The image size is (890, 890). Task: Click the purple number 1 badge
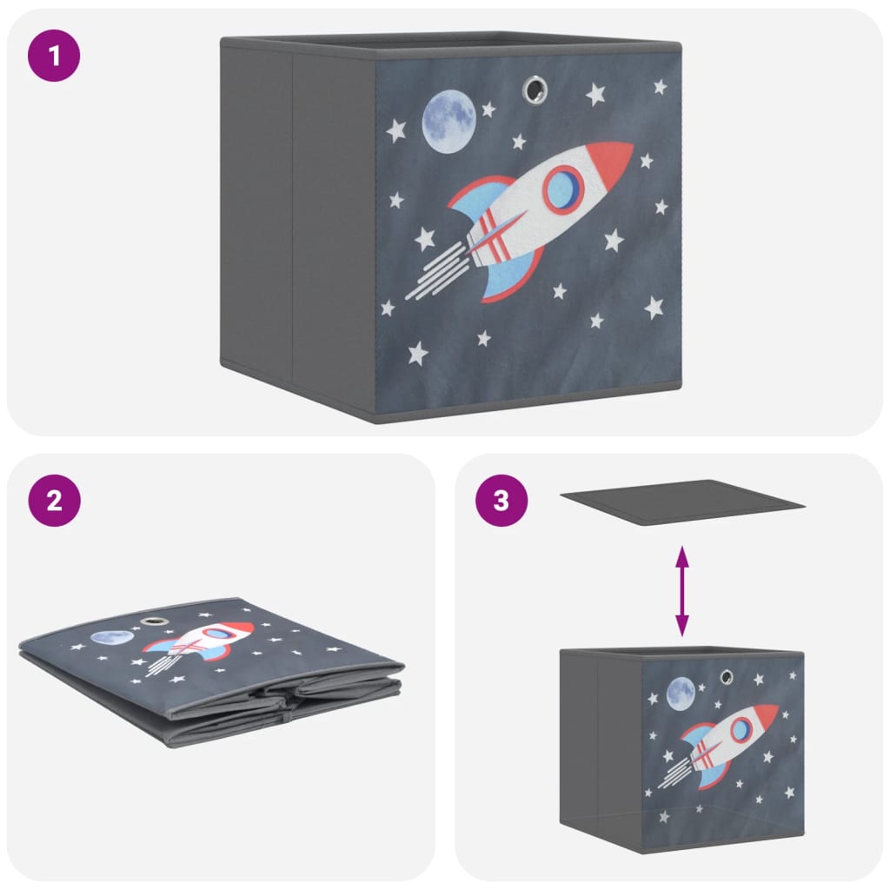coord(55,56)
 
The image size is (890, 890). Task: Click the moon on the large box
coord(448,123)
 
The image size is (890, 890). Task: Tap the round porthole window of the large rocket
coord(563,188)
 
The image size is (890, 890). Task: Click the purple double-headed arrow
coord(682,590)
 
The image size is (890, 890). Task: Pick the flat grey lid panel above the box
coord(682,501)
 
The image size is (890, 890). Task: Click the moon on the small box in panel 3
coord(681,693)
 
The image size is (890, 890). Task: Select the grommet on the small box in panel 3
coord(727,675)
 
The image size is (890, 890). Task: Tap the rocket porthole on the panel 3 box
coord(741,729)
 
